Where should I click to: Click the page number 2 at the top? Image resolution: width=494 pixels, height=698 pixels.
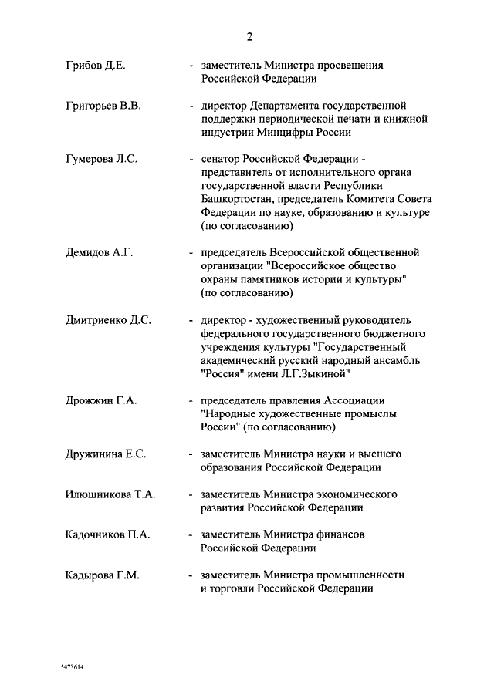[249, 36]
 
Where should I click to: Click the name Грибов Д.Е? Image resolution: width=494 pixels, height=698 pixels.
[96, 65]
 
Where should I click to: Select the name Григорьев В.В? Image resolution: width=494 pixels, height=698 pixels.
[103, 105]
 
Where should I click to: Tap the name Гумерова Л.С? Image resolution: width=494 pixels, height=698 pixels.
[101, 159]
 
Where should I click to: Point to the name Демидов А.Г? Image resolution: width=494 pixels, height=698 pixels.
[100, 252]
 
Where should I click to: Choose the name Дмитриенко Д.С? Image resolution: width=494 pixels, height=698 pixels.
[108, 319]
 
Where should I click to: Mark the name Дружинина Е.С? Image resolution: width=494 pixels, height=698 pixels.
[107, 454]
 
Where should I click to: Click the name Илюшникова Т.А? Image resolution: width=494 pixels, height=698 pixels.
[110, 494]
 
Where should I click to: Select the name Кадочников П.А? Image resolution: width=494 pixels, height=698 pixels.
[107, 534]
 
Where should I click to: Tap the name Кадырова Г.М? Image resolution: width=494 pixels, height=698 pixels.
[103, 575]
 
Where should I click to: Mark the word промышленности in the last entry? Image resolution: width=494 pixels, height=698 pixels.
[357, 575]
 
